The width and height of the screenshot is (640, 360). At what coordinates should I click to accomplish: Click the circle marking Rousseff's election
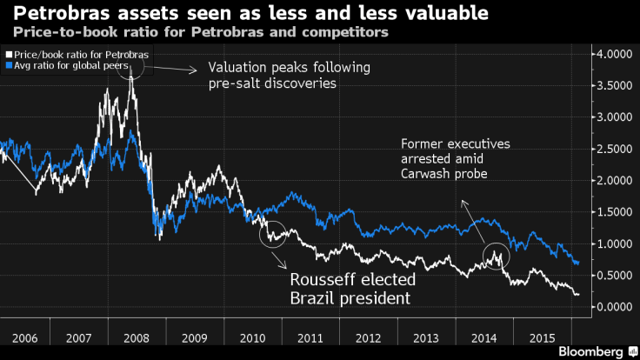point(275,232)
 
